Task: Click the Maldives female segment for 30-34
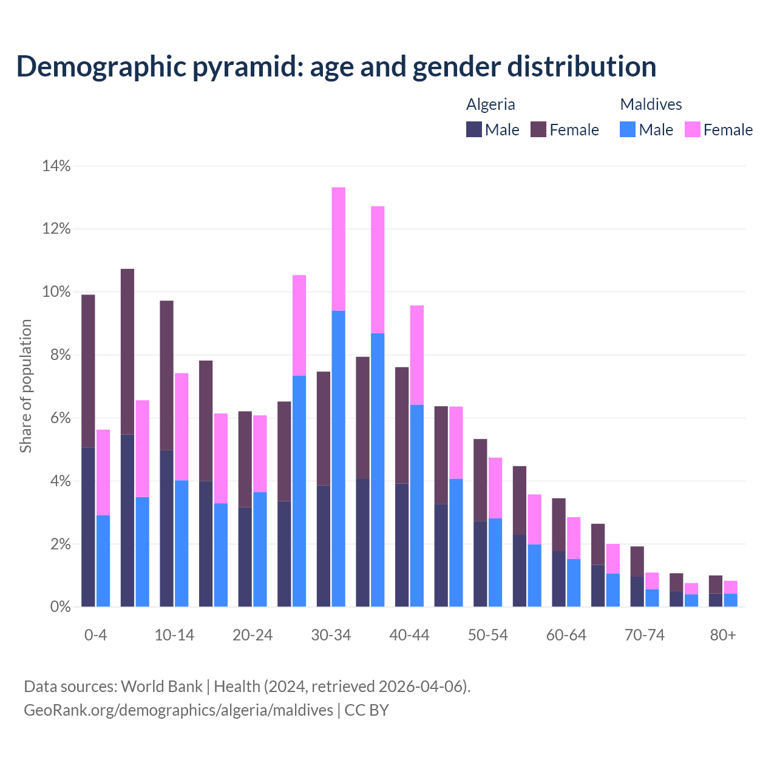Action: (339, 249)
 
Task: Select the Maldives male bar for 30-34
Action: (339, 458)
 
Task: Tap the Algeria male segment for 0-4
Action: (88, 527)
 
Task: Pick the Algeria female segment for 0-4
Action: (88, 371)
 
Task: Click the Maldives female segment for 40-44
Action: (417, 355)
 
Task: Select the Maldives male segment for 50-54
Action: (495, 562)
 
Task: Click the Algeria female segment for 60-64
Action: (558, 524)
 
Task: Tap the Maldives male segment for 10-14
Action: (182, 543)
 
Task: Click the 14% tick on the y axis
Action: (56, 166)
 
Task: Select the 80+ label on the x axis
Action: (723, 635)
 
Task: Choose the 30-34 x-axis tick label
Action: (331, 635)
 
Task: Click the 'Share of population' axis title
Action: (25, 386)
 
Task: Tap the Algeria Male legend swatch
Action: (474, 129)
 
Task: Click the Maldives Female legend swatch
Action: (693, 129)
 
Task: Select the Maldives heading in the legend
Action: (651, 104)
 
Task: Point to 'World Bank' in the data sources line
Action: (161, 687)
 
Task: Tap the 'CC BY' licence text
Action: (367, 710)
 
